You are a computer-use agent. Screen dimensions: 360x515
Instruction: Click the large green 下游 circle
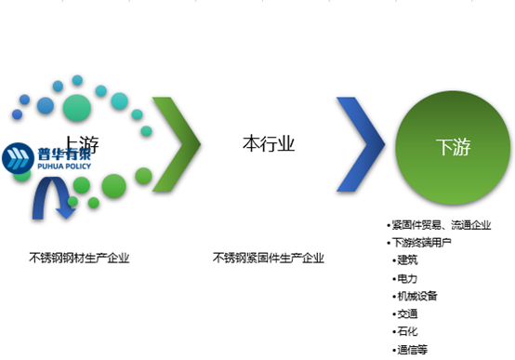(452, 146)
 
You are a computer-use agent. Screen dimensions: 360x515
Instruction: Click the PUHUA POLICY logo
(46, 160)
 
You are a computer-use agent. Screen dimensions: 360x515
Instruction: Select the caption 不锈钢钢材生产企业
(79, 258)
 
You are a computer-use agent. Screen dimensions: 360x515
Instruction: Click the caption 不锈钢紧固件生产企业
(268, 258)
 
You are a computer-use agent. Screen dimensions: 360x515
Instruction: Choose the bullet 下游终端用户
(423, 242)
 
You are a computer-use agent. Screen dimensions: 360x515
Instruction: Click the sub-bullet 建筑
(409, 260)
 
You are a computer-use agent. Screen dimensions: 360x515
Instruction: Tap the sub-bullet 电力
(409, 277)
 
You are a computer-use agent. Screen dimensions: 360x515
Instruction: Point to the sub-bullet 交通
(409, 313)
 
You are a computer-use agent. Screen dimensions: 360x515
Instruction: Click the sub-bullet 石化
(409, 331)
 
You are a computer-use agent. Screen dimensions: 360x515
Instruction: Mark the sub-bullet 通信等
(414, 350)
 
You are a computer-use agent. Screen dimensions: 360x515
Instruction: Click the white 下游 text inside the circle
(452, 147)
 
